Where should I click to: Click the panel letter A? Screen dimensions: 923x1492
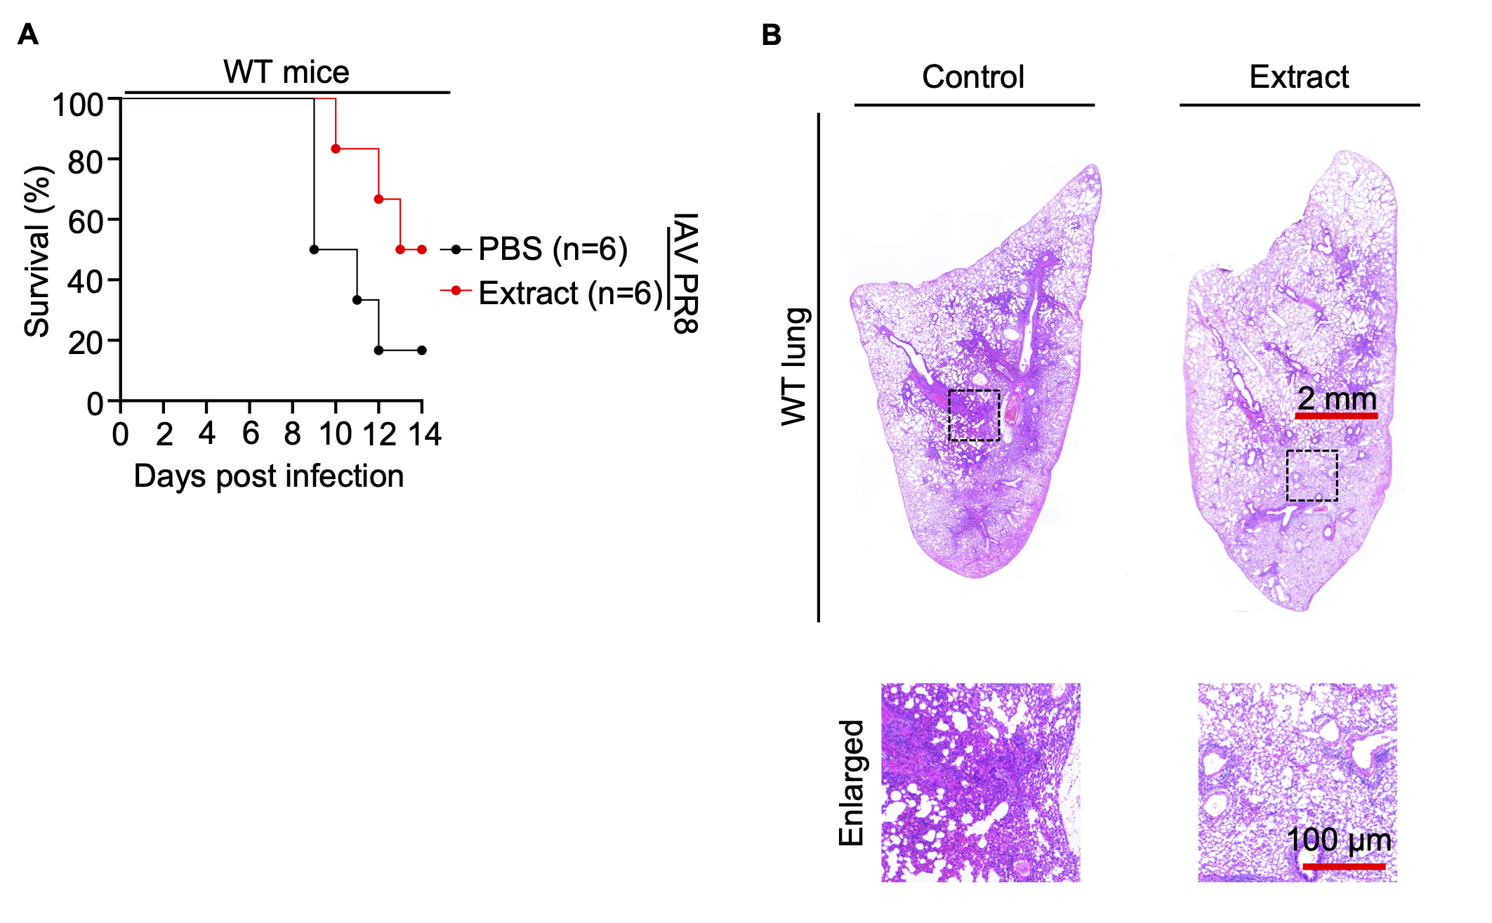[x=27, y=34]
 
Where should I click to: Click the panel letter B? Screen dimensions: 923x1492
[x=771, y=35]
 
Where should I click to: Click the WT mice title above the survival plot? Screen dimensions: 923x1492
[x=286, y=72]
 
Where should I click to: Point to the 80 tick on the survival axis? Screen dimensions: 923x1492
[x=86, y=162]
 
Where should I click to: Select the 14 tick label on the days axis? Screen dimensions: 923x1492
[x=424, y=435]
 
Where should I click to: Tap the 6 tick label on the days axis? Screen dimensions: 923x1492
[x=250, y=435]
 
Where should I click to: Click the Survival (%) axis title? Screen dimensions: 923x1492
[x=38, y=251]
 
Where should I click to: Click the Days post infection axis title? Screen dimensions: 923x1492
[x=269, y=476]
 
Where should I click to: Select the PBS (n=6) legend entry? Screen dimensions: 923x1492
[x=553, y=249]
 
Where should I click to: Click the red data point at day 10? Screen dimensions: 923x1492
[x=336, y=149]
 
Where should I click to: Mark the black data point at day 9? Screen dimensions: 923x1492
[x=314, y=249]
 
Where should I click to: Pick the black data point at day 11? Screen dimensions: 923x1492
[x=357, y=300]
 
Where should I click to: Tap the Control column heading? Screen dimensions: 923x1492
[x=973, y=77]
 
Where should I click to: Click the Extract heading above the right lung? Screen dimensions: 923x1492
[x=1299, y=77]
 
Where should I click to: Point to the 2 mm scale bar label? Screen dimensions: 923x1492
[x=1337, y=399]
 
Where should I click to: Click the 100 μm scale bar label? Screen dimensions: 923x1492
[x=1338, y=840]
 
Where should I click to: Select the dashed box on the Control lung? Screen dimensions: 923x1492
[x=974, y=415]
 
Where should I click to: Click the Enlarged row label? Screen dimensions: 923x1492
[x=852, y=783]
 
